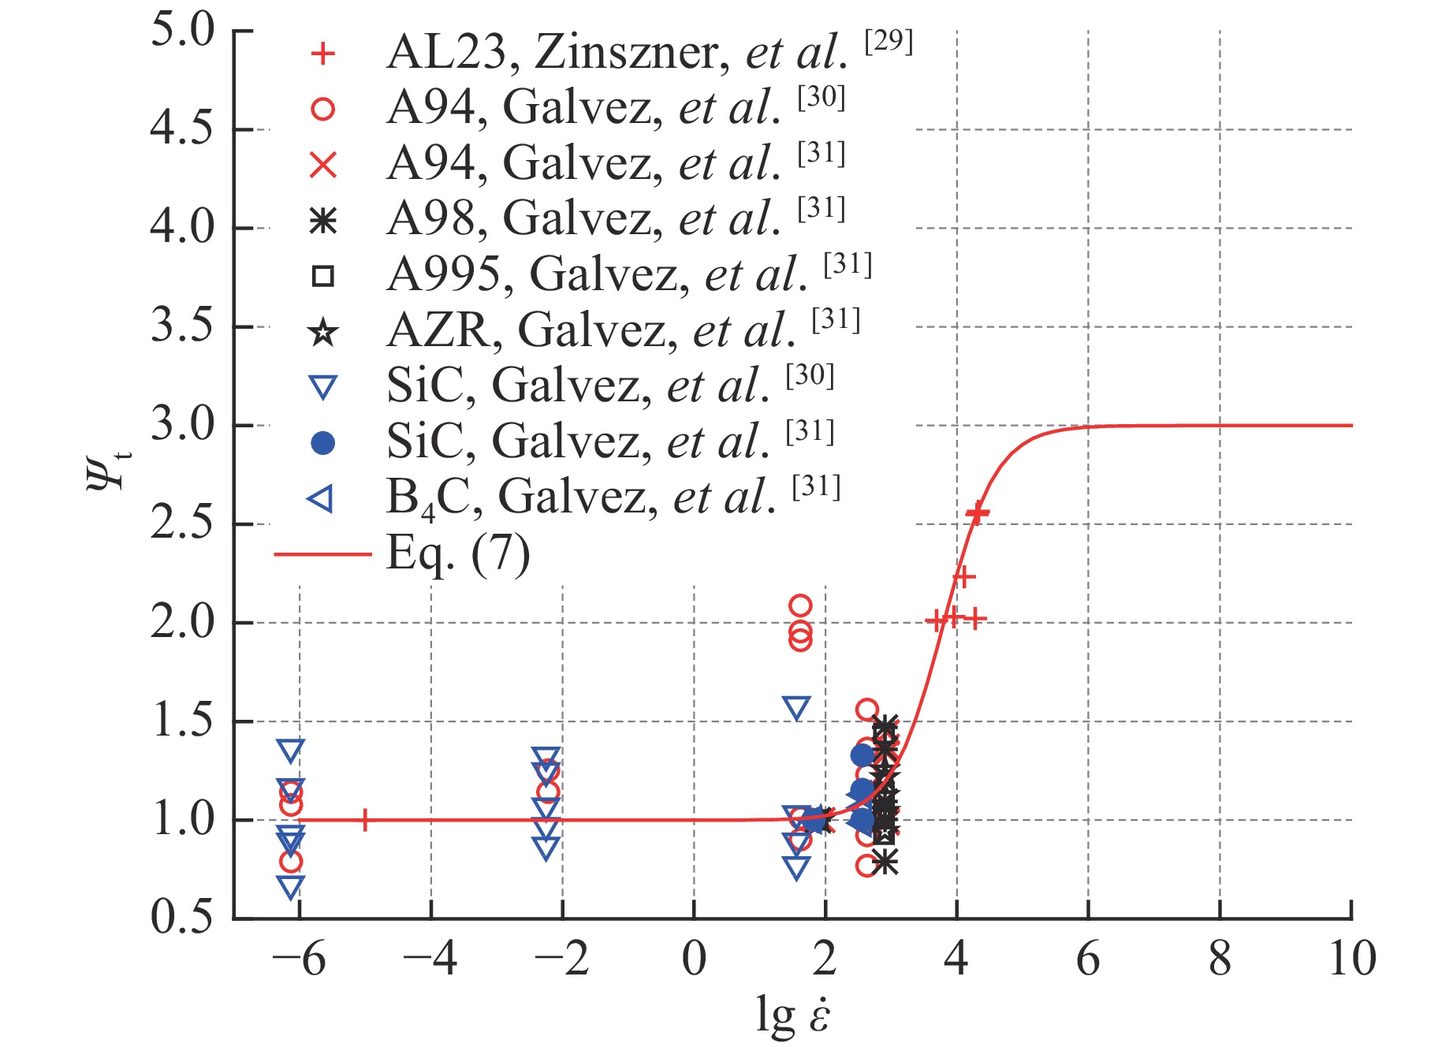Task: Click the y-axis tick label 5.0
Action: (182, 33)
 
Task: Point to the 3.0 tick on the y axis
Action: (182, 426)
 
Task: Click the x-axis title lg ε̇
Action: (792, 1014)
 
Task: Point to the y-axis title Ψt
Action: (106, 465)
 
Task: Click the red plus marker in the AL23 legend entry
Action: (322, 54)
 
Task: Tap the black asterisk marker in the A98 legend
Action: (322, 221)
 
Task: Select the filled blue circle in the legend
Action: (322, 444)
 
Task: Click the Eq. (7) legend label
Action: (458, 554)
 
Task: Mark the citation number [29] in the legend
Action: (889, 41)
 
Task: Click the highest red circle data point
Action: (800, 605)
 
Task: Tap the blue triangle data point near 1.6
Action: (797, 708)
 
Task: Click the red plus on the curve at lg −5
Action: (365, 820)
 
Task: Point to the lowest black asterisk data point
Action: (885, 862)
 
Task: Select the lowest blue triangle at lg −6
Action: (291, 887)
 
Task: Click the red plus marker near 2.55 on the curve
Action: (978, 513)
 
